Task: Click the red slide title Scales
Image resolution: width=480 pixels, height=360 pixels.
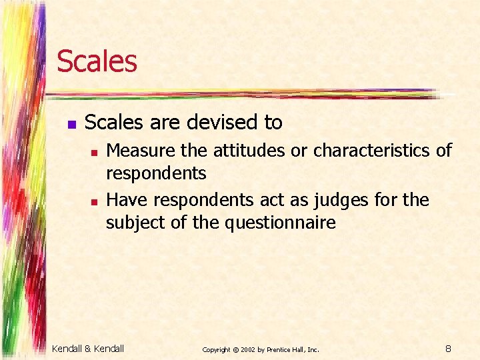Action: pos(97,61)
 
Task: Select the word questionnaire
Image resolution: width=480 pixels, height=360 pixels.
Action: pos(281,222)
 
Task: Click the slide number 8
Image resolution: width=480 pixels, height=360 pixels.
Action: pos(449,347)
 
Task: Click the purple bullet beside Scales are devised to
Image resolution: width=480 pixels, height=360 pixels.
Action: pos(71,124)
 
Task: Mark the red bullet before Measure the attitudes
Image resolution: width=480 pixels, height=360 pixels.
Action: pos(94,153)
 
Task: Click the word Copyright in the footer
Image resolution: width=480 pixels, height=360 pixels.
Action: pos(216,349)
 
